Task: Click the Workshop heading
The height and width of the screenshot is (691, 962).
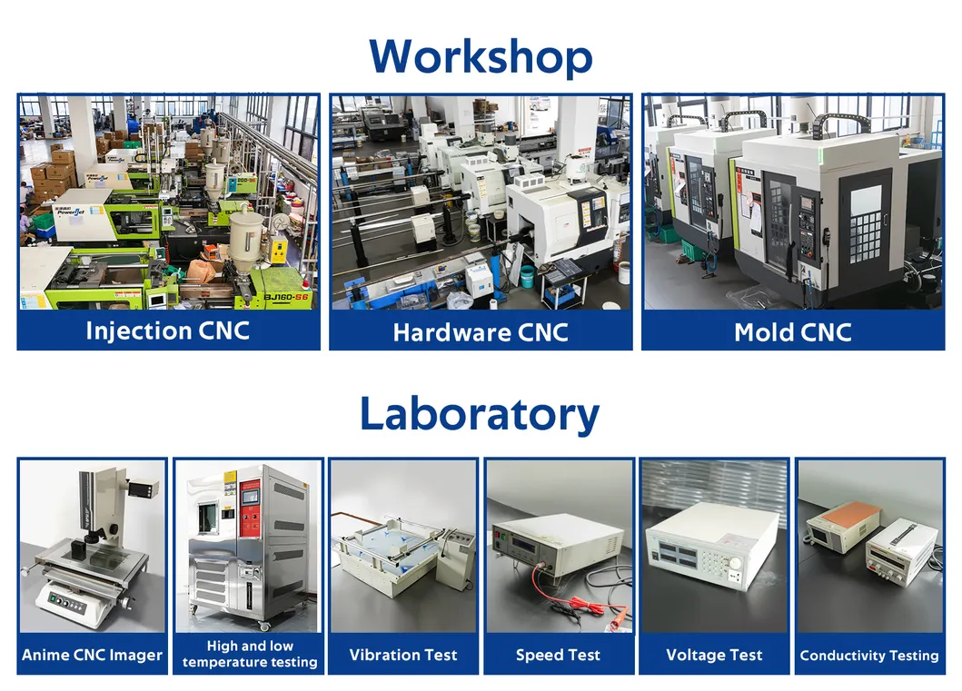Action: click(x=481, y=56)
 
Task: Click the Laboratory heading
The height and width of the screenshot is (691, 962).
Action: click(x=480, y=413)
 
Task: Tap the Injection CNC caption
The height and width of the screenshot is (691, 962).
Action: click(x=168, y=331)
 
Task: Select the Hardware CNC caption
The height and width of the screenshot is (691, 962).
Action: click(x=481, y=332)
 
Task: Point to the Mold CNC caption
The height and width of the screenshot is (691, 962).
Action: click(x=793, y=332)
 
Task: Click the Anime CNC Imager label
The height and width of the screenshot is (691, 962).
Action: click(x=93, y=655)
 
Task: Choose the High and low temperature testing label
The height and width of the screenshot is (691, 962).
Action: click(x=249, y=654)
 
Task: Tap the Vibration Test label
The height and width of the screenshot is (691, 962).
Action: click(x=403, y=655)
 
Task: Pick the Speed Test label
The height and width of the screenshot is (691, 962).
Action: click(x=558, y=655)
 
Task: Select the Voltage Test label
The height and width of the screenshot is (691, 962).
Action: click(x=714, y=655)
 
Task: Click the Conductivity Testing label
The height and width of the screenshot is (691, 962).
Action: click(x=869, y=655)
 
